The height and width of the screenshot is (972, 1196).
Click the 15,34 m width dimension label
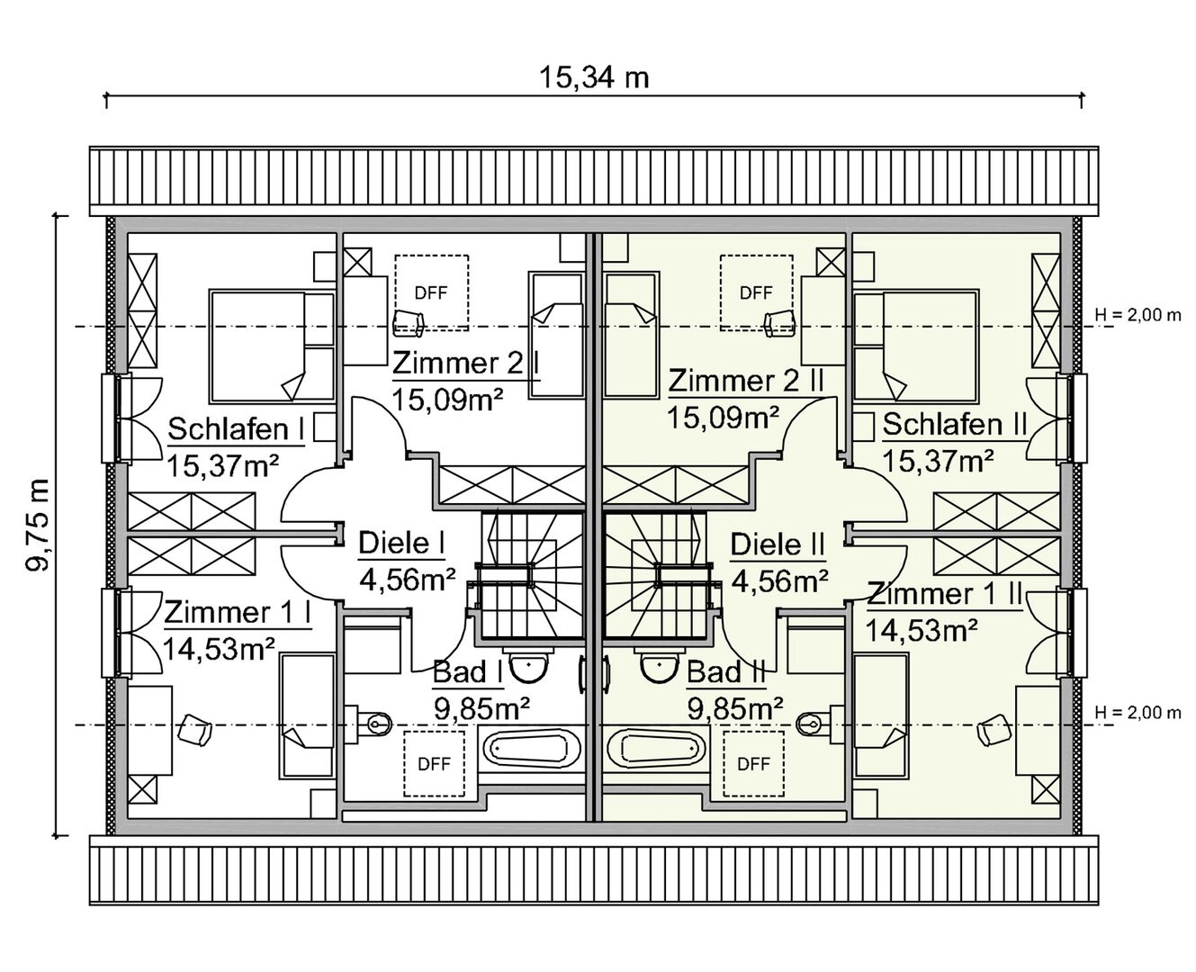[x=593, y=77]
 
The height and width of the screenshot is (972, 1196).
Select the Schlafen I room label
[x=236, y=429]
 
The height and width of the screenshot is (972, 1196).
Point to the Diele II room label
[x=778, y=544]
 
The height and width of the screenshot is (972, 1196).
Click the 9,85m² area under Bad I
[x=481, y=709]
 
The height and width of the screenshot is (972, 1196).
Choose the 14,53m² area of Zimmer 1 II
[x=921, y=631]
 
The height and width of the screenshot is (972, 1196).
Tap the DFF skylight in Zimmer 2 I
[x=431, y=292]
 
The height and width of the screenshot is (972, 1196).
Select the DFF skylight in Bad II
[x=753, y=764]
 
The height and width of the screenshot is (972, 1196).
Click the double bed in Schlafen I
[x=272, y=346]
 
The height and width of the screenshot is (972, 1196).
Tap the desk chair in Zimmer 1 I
[x=194, y=731]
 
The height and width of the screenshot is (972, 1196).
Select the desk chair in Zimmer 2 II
[x=778, y=324]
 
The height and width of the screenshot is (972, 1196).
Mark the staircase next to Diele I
[x=529, y=576]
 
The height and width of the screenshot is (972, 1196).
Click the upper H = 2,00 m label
[x=1138, y=315]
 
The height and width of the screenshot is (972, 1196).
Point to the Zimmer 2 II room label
[x=746, y=382]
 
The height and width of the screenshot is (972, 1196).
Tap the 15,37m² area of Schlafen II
[x=939, y=462]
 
